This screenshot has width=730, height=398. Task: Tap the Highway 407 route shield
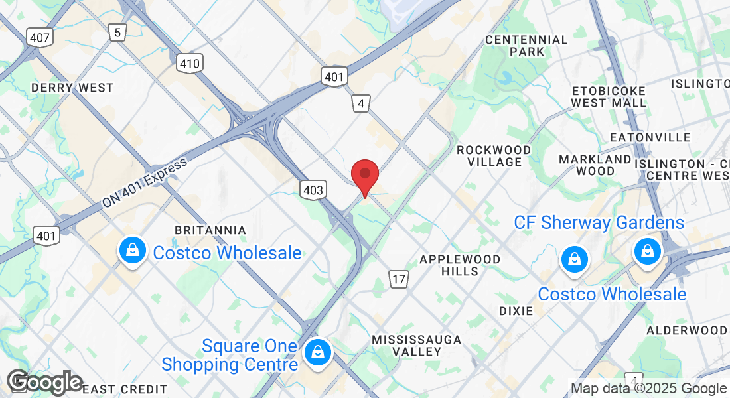coord(40,37)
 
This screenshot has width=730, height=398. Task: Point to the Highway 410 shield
coord(190,64)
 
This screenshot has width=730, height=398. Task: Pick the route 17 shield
coord(398,279)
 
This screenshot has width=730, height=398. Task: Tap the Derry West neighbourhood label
coord(72,88)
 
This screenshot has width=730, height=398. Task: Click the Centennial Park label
coord(526,46)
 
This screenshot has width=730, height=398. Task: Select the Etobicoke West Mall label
coord(609,97)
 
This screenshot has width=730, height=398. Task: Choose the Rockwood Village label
coord(494,156)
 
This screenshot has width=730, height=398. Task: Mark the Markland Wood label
coord(595,165)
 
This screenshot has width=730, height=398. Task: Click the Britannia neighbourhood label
coord(210,230)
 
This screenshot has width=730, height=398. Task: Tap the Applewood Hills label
coord(459,265)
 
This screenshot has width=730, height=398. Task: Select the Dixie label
coord(516,310)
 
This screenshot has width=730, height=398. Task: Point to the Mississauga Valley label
coord(416,345)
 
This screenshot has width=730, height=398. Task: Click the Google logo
coord(44,382)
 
